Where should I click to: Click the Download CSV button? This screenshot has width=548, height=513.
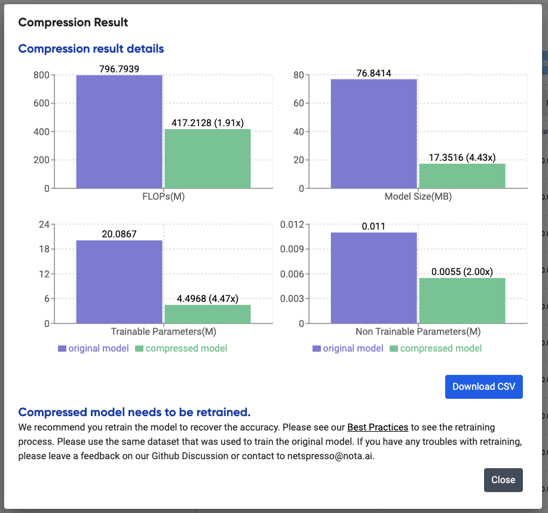click(483, 386)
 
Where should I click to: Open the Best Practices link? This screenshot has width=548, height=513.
click(378, 427)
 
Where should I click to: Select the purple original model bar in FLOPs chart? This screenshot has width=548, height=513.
click(119, 132)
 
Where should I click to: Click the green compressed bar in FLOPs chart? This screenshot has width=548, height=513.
click(207, 158)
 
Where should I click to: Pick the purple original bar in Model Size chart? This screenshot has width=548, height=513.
click(374, 133)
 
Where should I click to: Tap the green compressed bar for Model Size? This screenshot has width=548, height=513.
click(462, 176)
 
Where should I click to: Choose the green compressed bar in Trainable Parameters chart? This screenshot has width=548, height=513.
click(207, 314)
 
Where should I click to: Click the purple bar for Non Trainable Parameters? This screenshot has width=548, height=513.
click(374, 278)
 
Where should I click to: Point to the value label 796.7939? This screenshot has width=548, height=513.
click(119, 69)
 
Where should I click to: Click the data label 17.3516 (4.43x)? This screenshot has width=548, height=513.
click(462, 158)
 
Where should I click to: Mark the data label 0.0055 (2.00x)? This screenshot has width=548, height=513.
click(462, 272)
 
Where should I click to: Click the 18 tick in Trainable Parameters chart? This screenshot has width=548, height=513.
click(43, 249)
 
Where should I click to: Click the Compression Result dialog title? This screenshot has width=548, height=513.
click(73, 23)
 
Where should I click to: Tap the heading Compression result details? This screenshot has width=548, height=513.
click(91, 48)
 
